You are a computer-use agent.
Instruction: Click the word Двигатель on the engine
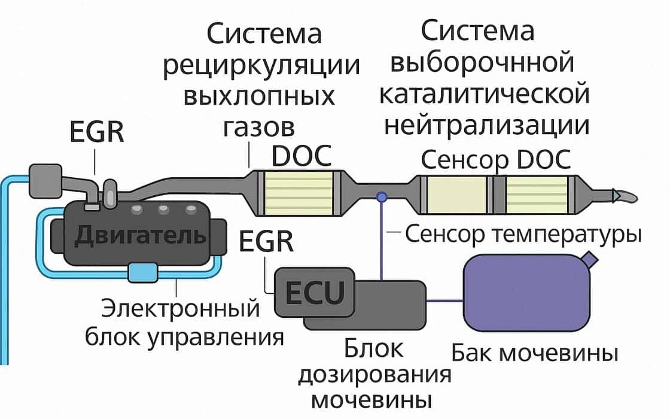click(140, 235)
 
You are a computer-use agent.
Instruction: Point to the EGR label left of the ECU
click(266, 242)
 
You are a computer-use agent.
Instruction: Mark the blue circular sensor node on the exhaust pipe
click(381, 196)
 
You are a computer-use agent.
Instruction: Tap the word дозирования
click(374, 375)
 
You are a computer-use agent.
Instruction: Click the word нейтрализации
click(486, 126)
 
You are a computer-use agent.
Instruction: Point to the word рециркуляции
click(261, 66)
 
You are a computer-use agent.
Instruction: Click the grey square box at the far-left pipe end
click(45, 180)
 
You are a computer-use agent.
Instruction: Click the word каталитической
click(485, 95)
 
